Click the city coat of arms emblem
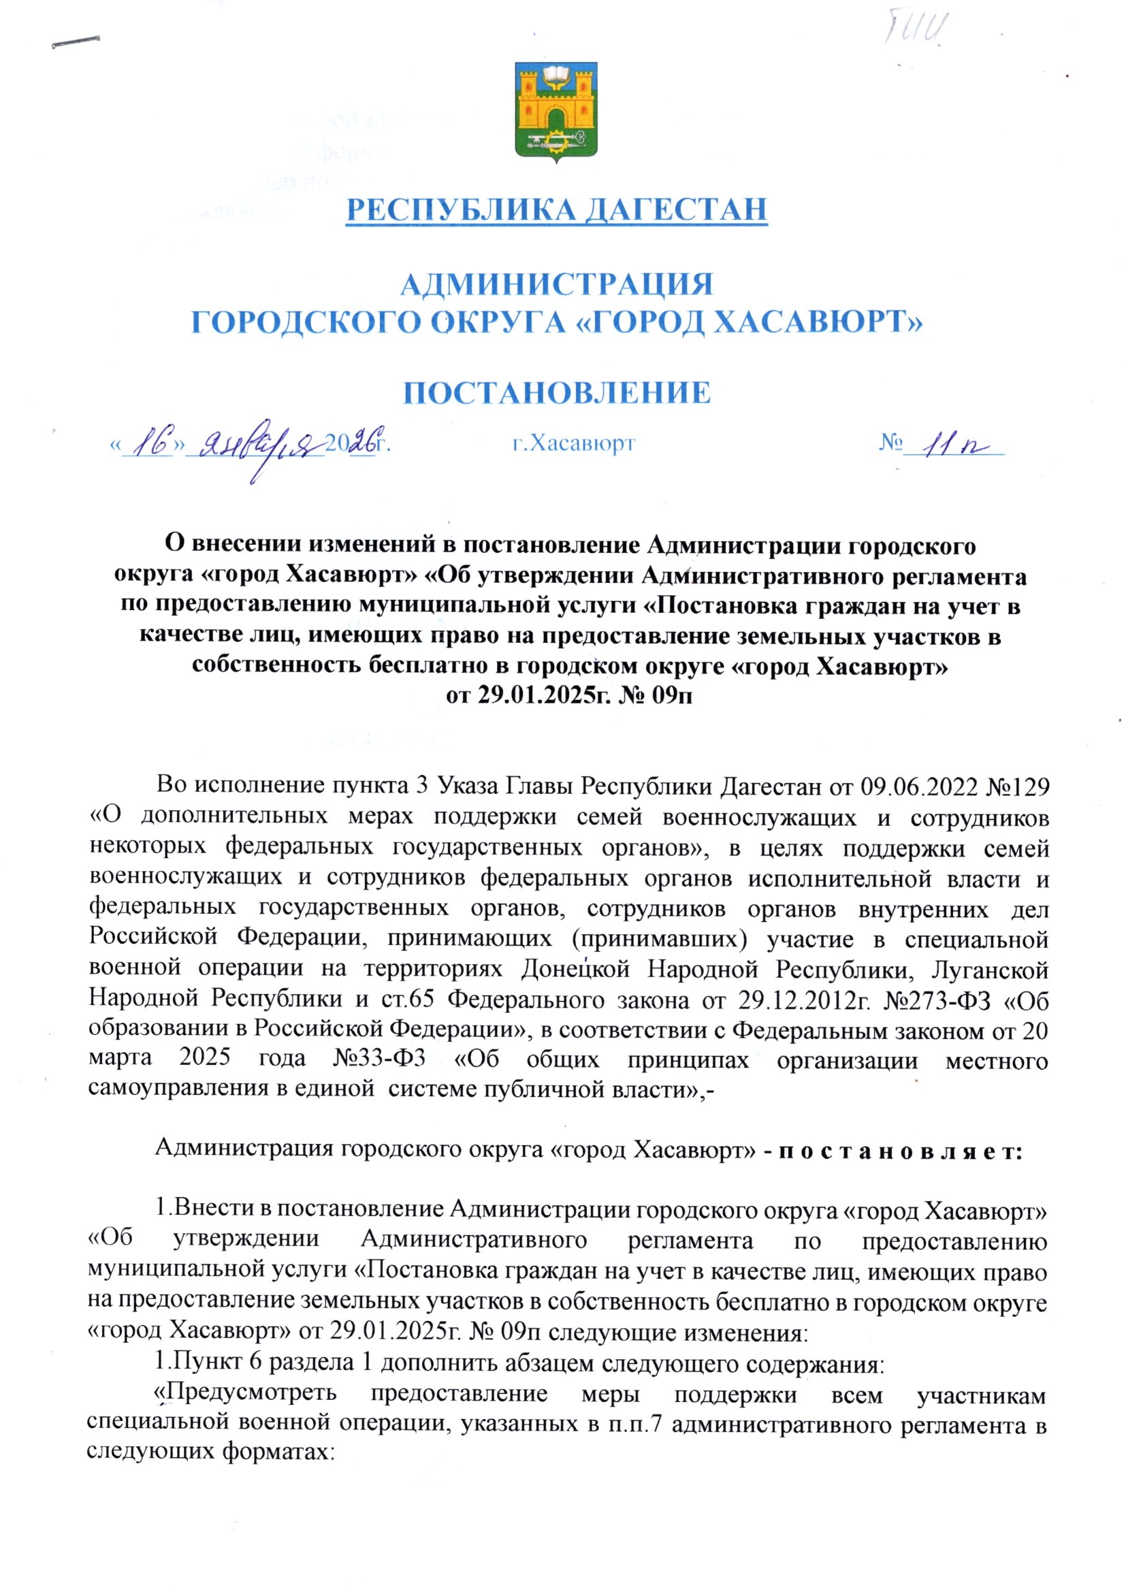[556, 112]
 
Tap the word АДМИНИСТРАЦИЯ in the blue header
[558, 285]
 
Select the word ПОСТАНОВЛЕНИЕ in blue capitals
[558, 393]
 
